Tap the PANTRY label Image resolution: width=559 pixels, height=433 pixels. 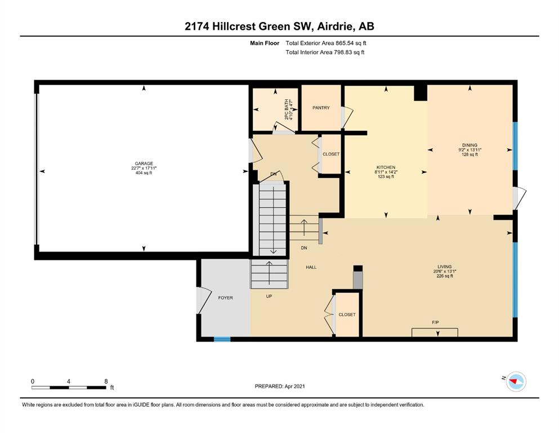321,108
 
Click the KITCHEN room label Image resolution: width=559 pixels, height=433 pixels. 386,167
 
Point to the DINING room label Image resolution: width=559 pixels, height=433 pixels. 469,145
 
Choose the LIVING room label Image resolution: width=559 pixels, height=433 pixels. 445,267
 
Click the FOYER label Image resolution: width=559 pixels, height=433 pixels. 225,298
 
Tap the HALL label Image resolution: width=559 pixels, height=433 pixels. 311,267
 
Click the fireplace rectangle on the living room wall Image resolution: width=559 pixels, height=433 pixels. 435,332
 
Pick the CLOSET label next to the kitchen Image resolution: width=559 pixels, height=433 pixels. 330,154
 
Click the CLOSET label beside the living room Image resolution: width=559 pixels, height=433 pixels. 347,315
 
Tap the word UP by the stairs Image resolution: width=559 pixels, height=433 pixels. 269,296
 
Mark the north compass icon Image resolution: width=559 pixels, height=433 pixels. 515,382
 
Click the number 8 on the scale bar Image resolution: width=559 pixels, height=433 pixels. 106,381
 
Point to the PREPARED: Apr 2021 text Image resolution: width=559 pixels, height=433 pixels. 280,386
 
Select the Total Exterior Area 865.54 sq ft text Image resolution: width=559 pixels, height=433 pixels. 329,43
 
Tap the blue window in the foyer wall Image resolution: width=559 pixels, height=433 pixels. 222,339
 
